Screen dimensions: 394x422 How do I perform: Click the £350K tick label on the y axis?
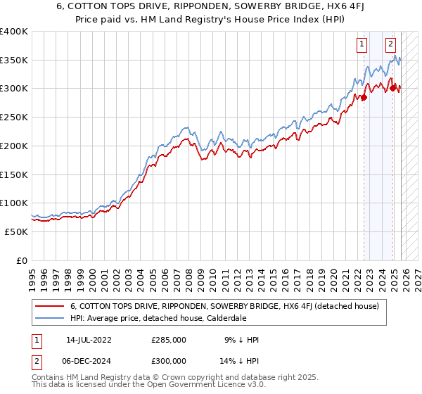(x=13, y=61)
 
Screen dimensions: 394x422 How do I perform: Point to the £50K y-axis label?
(x=15, y=231)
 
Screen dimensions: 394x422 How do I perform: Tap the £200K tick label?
(x=13, y=146)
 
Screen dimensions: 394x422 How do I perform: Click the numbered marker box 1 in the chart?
(x=362, y=44)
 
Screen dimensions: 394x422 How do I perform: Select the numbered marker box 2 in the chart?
(x=390, y=44)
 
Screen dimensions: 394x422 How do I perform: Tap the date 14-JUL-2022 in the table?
(x=94, y=340)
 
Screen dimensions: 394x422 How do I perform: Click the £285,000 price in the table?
(x=169, y=340)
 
